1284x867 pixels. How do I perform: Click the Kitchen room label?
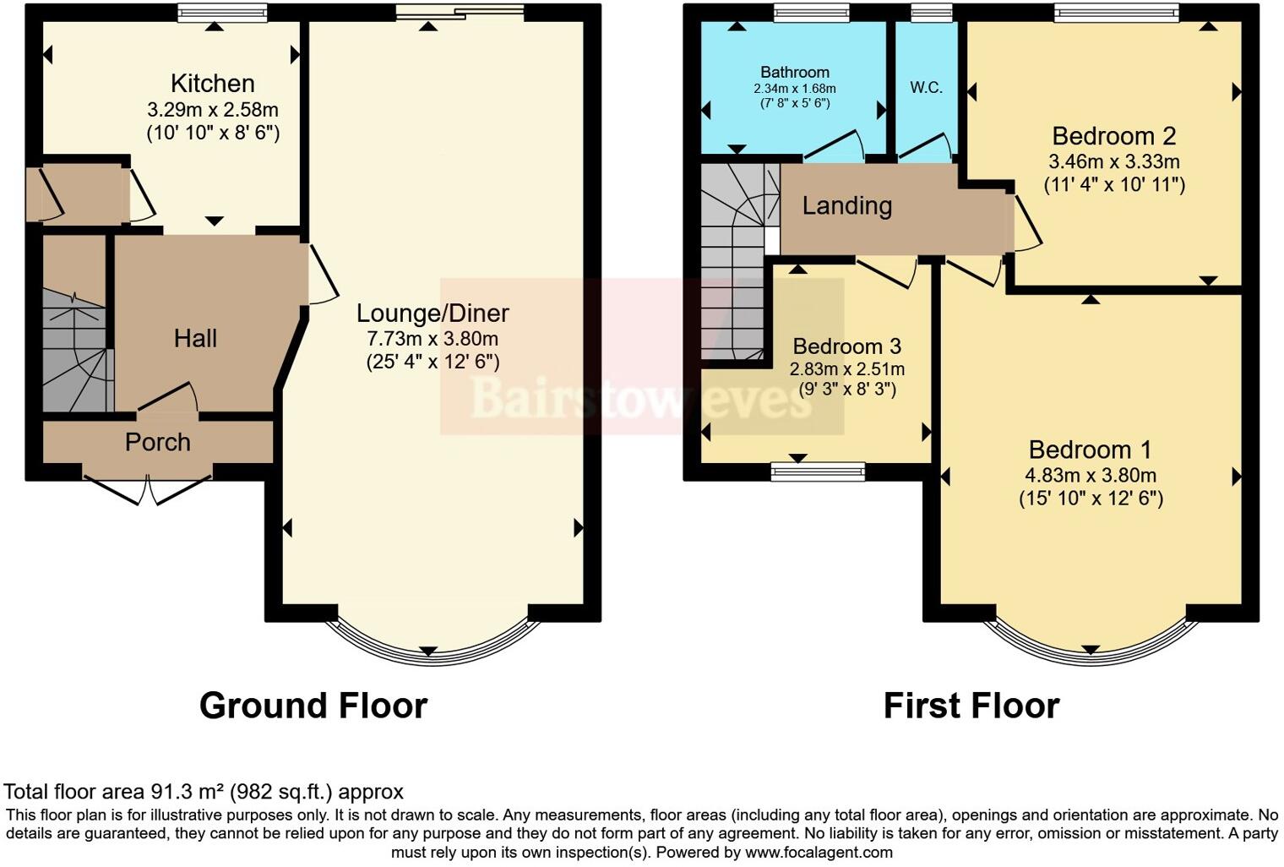point(213,84)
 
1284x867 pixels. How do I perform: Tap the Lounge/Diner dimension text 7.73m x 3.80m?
point(433,339)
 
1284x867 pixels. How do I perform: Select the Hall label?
point(195,339)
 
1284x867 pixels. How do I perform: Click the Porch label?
point(158,442)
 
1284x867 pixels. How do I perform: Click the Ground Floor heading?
point(313,706)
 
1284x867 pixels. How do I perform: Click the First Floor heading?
point(971,706)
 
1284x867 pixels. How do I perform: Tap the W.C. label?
point(926,88)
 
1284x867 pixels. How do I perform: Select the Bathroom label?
point(795,73)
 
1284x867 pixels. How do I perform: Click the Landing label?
point(846,206)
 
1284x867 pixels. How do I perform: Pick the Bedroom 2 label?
point(1114,136)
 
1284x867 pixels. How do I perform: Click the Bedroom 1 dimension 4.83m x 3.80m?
point(1091,475)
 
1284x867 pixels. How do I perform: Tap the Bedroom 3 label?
point(846,346)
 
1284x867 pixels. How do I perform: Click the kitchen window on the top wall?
point(223,13)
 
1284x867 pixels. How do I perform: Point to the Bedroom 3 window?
point(818,472)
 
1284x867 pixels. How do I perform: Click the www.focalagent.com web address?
point(818,853)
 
